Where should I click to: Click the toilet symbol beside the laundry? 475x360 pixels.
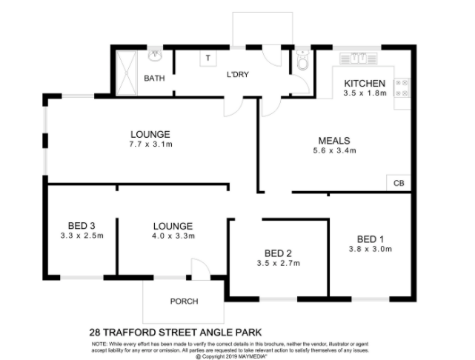(302, 60)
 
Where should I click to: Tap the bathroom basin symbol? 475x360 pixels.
(156, 56)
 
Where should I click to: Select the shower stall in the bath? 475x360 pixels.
(127, 73)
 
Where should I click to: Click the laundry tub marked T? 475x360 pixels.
(208, 58)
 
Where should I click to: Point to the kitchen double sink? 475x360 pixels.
(359, 59)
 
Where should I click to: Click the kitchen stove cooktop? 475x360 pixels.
(402, 88)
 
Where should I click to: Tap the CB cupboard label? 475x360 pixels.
(399, 183)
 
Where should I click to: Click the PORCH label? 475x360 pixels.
(185, 301)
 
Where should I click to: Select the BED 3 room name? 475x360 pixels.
(82, 226)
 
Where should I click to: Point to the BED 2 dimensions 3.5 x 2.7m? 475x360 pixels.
(279, 263)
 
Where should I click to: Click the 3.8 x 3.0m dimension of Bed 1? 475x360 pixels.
(371, 249)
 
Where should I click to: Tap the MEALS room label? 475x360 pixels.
(334, 141)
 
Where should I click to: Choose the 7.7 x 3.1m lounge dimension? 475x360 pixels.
(150, 144)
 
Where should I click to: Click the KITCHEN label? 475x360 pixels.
(365, 83)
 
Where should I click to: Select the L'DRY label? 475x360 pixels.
(238, 74)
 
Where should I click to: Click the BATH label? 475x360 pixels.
(154, 78)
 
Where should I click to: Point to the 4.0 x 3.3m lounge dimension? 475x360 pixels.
(173, 236)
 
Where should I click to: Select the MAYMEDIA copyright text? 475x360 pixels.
(253, 356)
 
